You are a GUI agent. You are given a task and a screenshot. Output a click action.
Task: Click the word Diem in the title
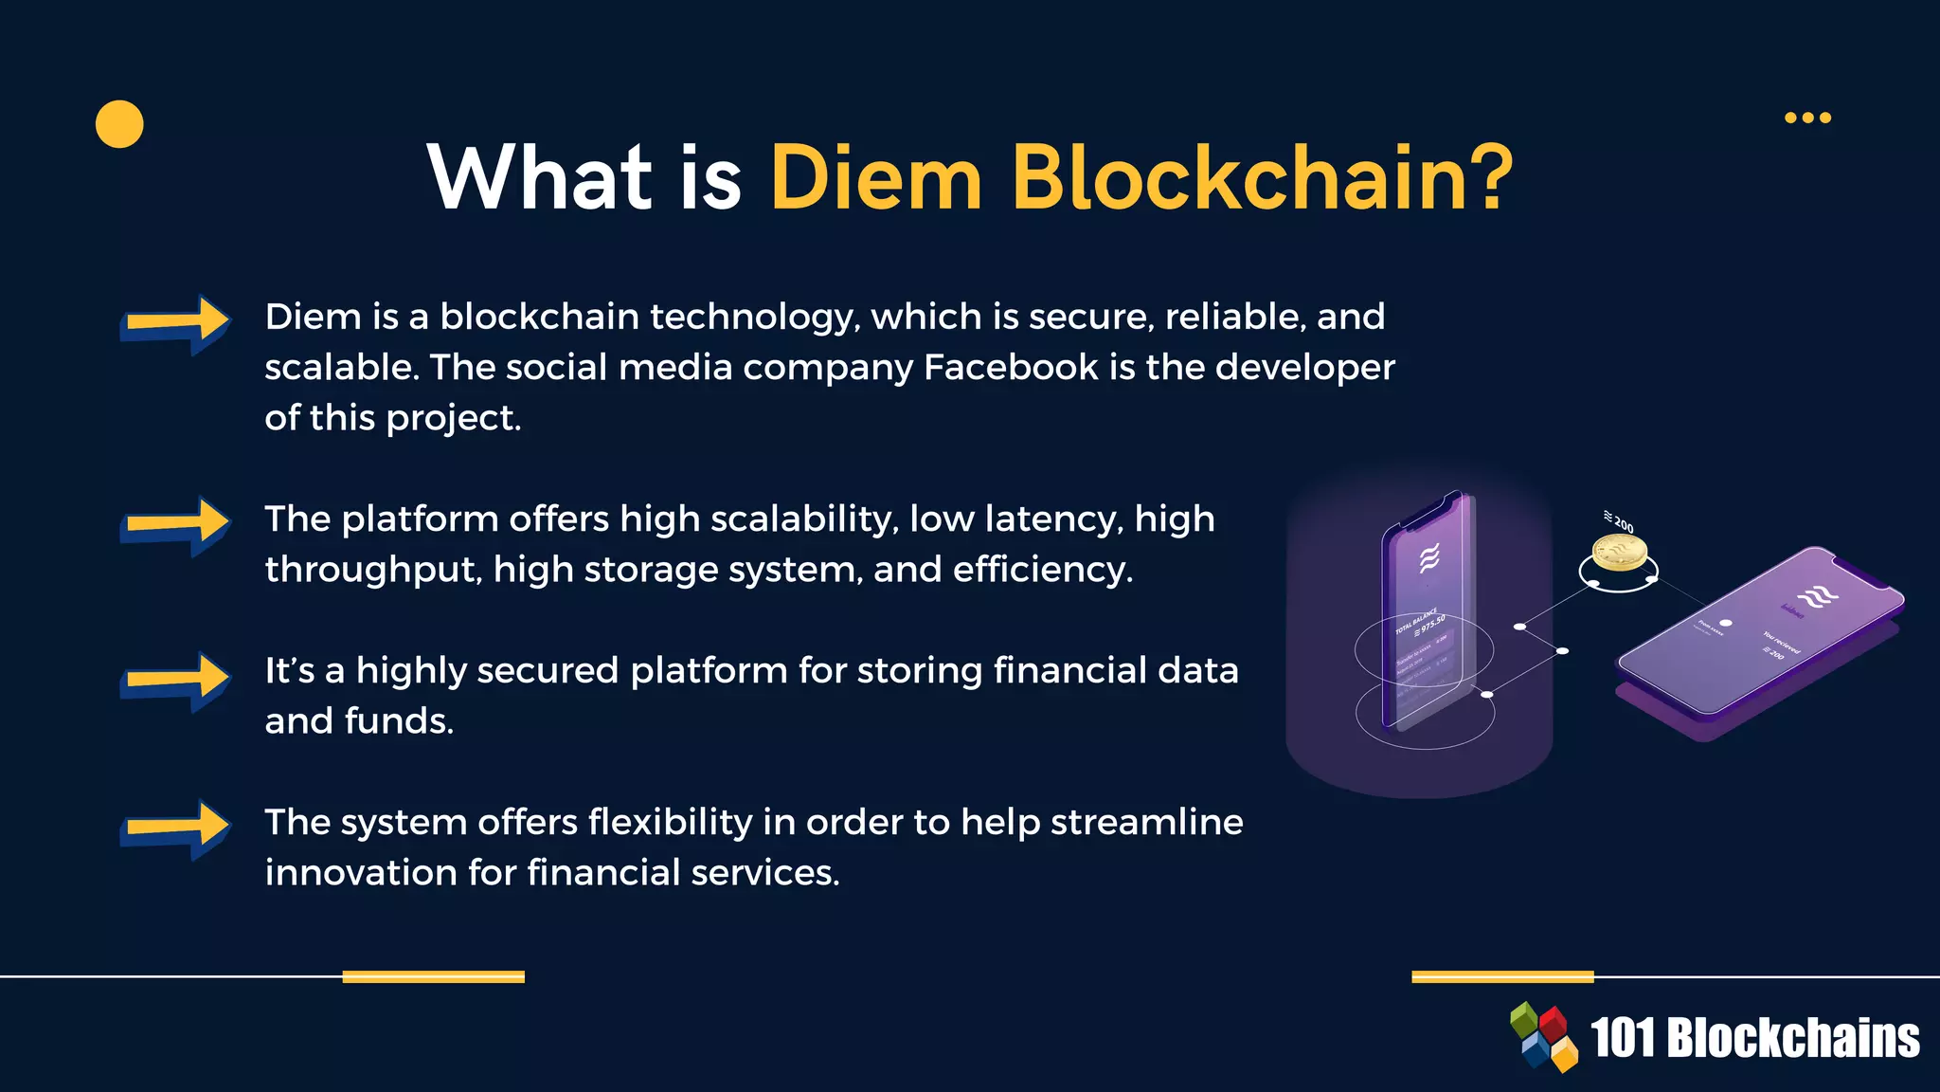876,178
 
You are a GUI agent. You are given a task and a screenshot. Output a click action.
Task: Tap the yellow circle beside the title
119,124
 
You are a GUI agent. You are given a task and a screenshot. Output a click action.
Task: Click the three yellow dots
1807,118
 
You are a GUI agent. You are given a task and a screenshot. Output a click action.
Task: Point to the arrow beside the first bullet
175,323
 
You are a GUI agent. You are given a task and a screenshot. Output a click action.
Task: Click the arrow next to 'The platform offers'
175,525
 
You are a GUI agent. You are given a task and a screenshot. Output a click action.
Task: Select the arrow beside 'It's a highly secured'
175,680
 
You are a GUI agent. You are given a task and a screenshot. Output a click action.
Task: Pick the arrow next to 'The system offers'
175,828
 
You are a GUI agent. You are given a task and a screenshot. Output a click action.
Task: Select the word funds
399,721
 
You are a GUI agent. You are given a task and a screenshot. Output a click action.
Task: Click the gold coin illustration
1619,553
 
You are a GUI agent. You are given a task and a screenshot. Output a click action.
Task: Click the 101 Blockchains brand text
1754,1038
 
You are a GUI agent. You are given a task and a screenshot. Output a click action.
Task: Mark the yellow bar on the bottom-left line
433,976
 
